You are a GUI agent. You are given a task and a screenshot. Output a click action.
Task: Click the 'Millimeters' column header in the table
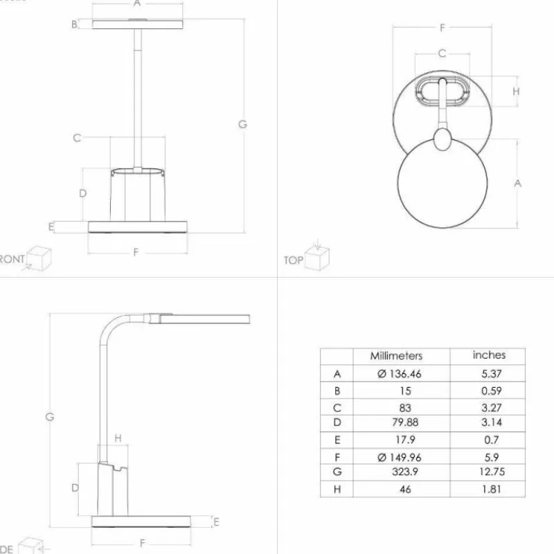pyautogui.click(x=395, y=356)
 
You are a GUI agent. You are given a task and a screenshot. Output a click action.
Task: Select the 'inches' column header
pyautogui.click(x=489, y=355)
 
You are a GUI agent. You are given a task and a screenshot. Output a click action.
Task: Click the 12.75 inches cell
pyautogui.click(x=489, y=472)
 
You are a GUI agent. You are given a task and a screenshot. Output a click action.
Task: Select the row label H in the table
pyautogui.click(x=337, y=489)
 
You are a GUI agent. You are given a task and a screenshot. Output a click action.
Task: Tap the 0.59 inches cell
pyautogui.click(x=489, y=391)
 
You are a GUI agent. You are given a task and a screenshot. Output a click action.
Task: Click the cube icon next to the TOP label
pyautogui.click(x=318, y=258)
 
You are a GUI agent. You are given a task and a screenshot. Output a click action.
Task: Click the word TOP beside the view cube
pyautogui.click(x=293, y=260)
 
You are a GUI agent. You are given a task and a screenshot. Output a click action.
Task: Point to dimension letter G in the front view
pyautogui.click(x=242, y=125)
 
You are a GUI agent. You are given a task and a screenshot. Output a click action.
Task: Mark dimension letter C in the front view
pyautogui.click(x=78, y=138)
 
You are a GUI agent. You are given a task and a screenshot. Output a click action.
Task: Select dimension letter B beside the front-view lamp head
pyautogui.click(x=74, y=25)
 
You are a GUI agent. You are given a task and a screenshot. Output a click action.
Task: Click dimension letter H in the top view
pyautogui.click(x=516, y=91)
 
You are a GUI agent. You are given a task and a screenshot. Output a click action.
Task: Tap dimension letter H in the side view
pyautogui.click(x=118, y=438)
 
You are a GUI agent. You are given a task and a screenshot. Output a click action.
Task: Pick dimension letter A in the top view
pyautogui.click(x=517, y=184)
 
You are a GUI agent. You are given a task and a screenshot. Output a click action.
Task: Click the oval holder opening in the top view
pyautogui.click(x=442, y=91)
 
